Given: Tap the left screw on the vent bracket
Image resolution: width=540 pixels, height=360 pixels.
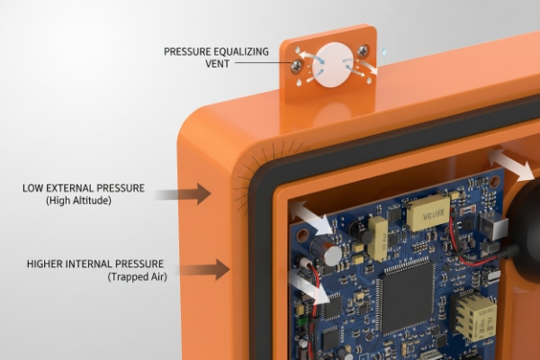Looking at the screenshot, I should click(x=298, y=65).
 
